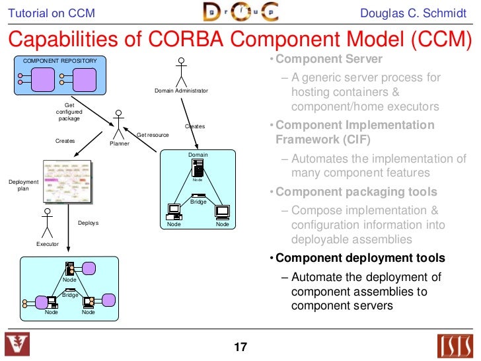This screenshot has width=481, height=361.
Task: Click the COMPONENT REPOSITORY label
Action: pos(60,61)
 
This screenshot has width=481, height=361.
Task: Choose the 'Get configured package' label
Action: pos(69,112)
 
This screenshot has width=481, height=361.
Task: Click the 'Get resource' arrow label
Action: pos(153,135)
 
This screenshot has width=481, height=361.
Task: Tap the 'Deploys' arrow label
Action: pos(88,223)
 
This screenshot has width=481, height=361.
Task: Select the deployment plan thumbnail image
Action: pos(67,180)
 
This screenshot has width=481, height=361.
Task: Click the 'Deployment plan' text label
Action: pos(23,185)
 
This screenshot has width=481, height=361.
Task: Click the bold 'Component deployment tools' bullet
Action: pos(360,258)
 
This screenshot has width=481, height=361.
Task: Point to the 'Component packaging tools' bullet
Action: pos(356,192)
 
